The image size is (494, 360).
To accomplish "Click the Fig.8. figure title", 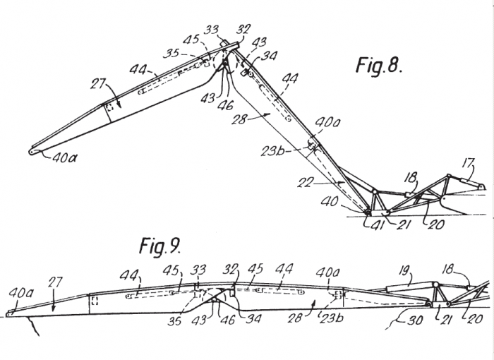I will point(378,67).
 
